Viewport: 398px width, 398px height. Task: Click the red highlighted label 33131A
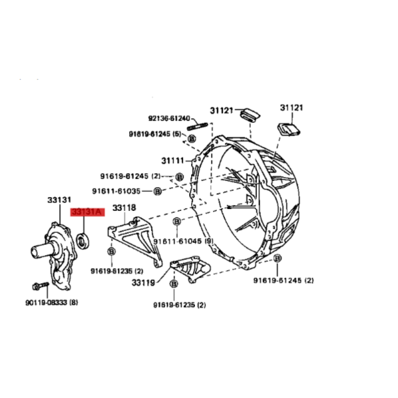(x=88, y=212)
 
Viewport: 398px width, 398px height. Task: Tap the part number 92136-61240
(x=169, y=118)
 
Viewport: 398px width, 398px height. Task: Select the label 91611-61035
(x=116, y=191)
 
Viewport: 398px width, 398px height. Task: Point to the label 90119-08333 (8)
(x=52, y=302)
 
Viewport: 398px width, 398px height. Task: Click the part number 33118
(x=124, y=208)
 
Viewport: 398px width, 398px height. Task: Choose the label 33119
(x=143, y=283)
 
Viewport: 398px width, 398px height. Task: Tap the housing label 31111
(x=173, y=161)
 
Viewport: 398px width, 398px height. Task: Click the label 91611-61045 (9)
(x=183, y=241)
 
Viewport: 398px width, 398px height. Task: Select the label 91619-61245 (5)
(x=155, y=134)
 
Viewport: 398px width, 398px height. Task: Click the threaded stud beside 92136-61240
(x=198, y=126)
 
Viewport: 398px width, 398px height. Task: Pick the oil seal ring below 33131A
(x=83, y=240)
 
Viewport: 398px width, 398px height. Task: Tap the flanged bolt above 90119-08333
(x=40, y=286)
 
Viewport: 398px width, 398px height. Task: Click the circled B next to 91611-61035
(x=158, y=191)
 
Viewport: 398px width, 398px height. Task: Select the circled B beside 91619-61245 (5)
(x=192, y=139)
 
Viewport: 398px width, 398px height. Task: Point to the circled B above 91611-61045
(x=177, y=222)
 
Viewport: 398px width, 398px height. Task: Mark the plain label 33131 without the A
(x=59, y=200)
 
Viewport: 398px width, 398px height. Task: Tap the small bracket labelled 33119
(x=190, y=269)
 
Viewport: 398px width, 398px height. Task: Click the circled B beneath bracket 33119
(x=174, y=284)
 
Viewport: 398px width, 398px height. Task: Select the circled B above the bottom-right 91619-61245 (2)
(x=277, y=259)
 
